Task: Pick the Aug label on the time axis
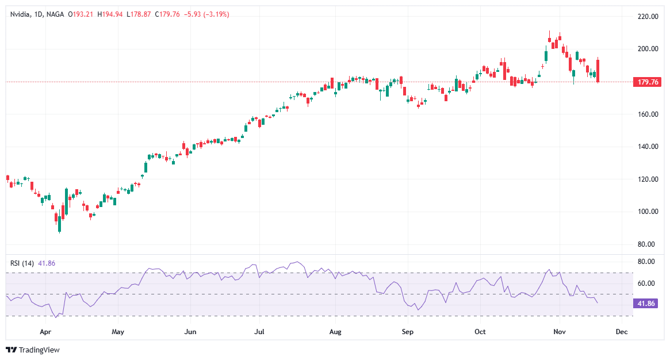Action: click(x=336, y=332)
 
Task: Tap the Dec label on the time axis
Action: click(x=621, y=332)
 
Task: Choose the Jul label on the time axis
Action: click(x=259, y=332)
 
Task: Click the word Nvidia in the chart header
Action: click(x=21, y=14)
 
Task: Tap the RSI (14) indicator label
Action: click(x=22, y=263)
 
